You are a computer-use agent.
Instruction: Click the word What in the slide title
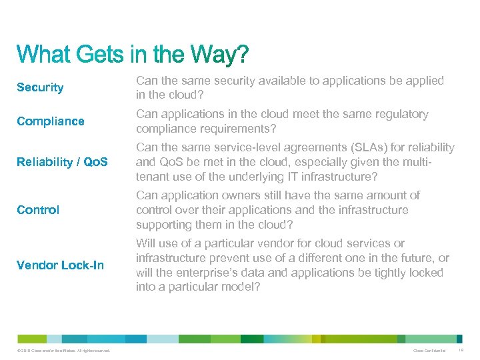pos(43,55)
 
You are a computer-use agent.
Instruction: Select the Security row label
pos(40,87)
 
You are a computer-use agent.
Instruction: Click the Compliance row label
pos(51,121)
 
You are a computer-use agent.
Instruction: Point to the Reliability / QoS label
pos(63,162)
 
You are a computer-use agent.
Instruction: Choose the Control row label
pos(38,210)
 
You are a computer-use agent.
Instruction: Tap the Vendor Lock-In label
pos(60,265)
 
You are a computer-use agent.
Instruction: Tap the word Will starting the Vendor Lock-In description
pos(146,243)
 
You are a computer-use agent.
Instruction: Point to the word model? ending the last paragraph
pos(243,287)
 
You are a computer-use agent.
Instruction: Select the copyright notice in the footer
pos(61,351)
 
